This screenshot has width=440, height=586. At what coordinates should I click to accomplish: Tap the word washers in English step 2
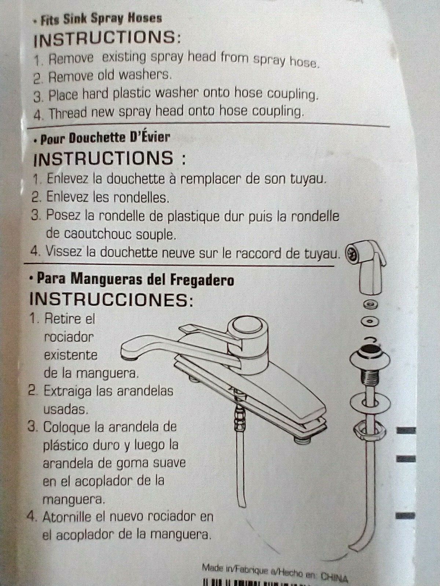tap(144, 75)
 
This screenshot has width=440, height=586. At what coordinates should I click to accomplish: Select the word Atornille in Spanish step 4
tap(68, 516)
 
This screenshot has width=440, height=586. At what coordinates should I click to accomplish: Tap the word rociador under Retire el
tap(68, 337)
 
